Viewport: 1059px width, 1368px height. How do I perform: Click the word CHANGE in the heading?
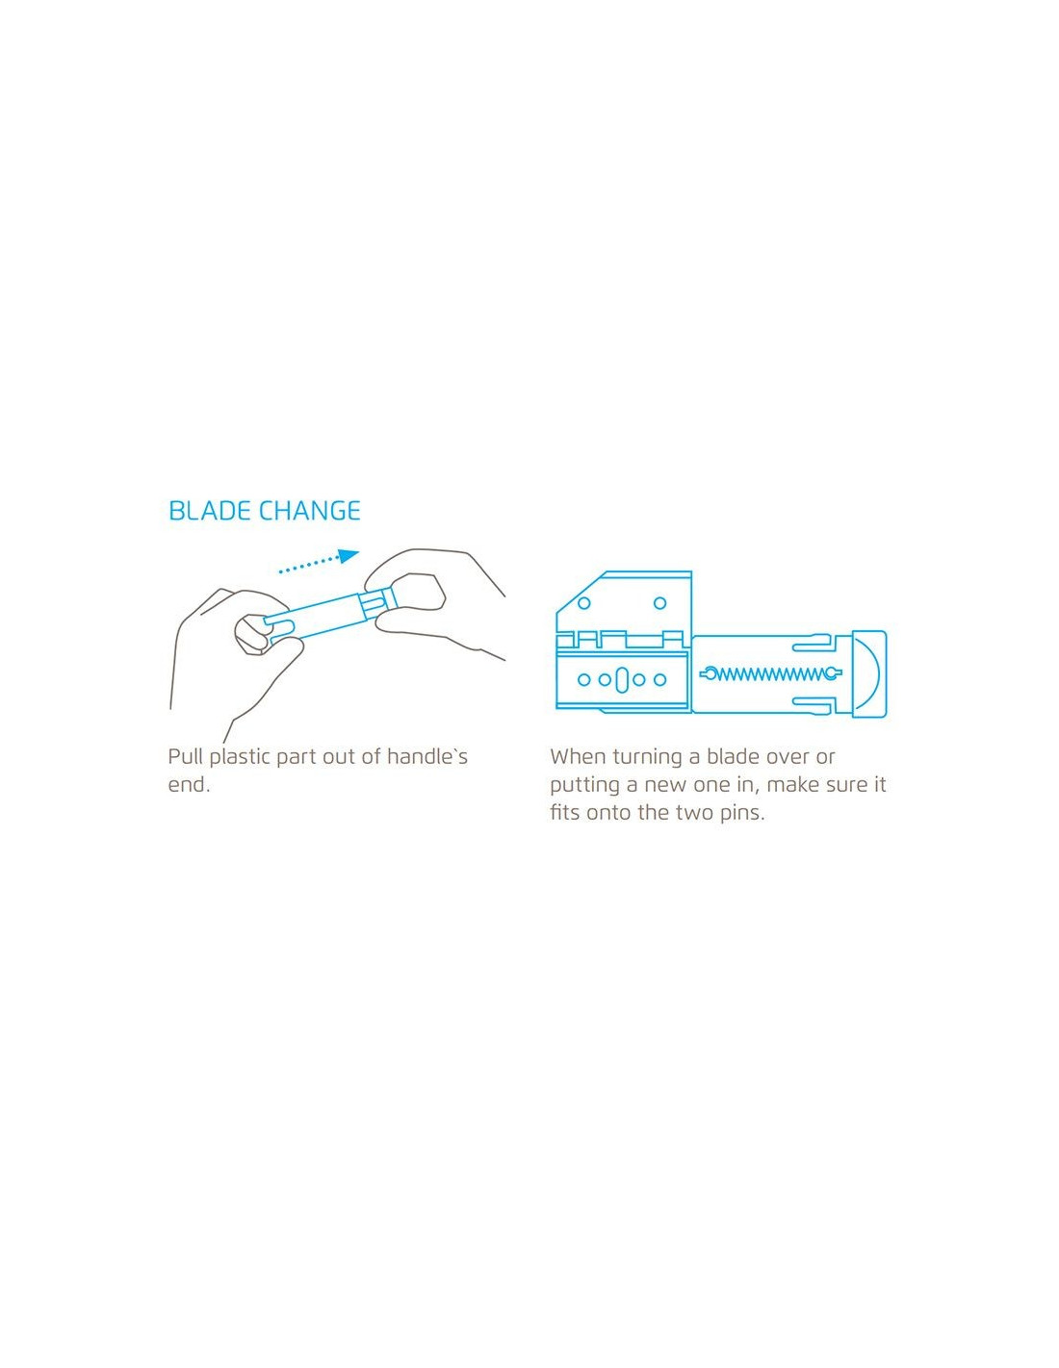click(x=311, y=511)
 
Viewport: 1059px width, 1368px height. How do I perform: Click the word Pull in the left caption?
click(x=185, y=757)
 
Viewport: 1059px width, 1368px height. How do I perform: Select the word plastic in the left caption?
click(x=240, y=758)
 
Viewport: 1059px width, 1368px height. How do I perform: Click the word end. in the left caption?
click(x=189, y=785)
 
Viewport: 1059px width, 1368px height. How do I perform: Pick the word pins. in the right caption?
click(x=741, y=813)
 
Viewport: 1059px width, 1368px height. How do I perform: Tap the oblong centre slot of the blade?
click(x=622, y=679)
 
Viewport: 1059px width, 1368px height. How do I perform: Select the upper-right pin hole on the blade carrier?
click(x=659, y=603)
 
